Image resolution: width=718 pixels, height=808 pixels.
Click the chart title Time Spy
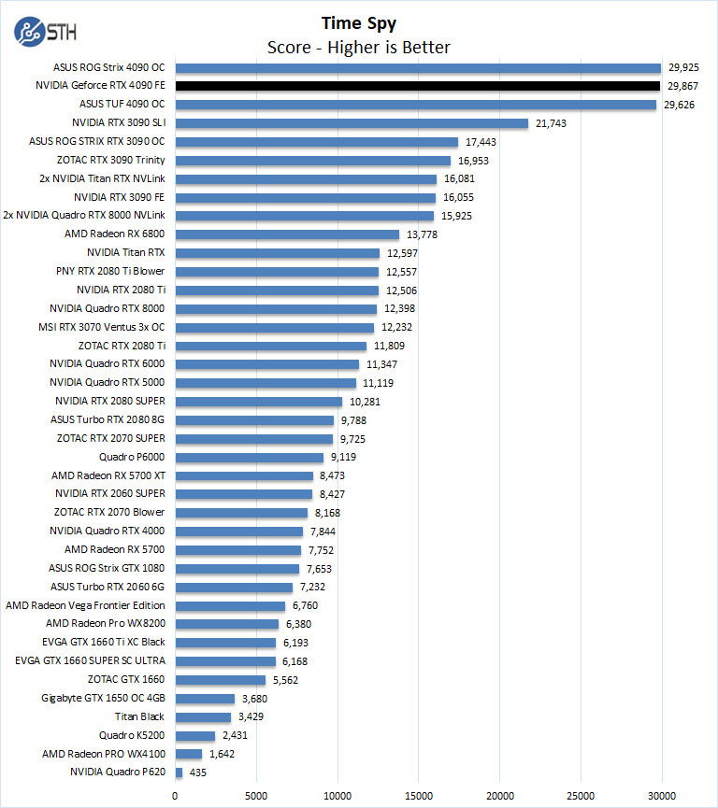coord(358,22)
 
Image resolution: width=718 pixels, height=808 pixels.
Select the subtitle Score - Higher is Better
coord(358,47)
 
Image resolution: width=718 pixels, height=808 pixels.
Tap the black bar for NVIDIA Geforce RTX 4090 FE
coord(418,86)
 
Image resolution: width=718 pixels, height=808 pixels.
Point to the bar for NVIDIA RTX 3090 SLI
coord(352,123)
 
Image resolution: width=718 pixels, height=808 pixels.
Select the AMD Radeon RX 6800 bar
coord(287,234)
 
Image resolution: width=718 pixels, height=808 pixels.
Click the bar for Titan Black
coord(203,717)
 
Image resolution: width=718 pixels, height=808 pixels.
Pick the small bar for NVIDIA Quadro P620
coord(179,773)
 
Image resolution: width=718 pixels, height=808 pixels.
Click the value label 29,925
coord(683,67)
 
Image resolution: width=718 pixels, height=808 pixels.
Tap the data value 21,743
coord(550,123)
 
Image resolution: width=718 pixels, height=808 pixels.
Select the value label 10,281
coord(365,402)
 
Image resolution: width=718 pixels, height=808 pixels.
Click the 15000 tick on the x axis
coord(418,795)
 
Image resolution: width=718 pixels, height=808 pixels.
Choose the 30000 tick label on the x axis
coord(661,795)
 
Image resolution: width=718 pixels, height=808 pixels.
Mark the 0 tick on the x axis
coord(175,795)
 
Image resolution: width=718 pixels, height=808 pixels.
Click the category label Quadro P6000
coord(132,457)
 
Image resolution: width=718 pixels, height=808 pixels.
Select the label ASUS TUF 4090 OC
coord(122,104)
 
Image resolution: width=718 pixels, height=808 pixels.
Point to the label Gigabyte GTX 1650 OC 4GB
coord(103,698)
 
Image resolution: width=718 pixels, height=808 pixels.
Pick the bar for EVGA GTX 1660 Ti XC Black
coord(225,643)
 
